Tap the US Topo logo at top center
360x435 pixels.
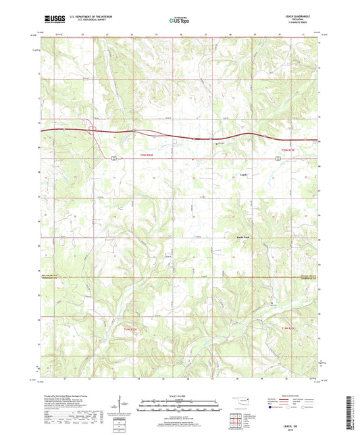[179, 21]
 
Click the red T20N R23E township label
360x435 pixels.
[289, 150]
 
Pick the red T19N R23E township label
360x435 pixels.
[289, 327]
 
